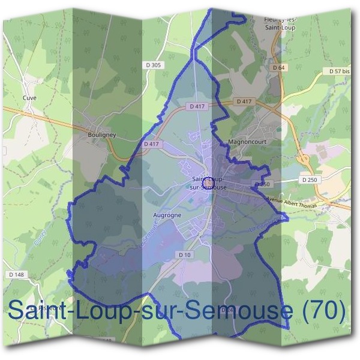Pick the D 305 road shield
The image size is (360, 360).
[153, 65]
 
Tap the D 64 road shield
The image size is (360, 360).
[278, 68]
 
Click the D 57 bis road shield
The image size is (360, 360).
[339, 70]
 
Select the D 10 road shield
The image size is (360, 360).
[185, 255]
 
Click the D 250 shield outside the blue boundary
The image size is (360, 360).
[309, 179]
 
